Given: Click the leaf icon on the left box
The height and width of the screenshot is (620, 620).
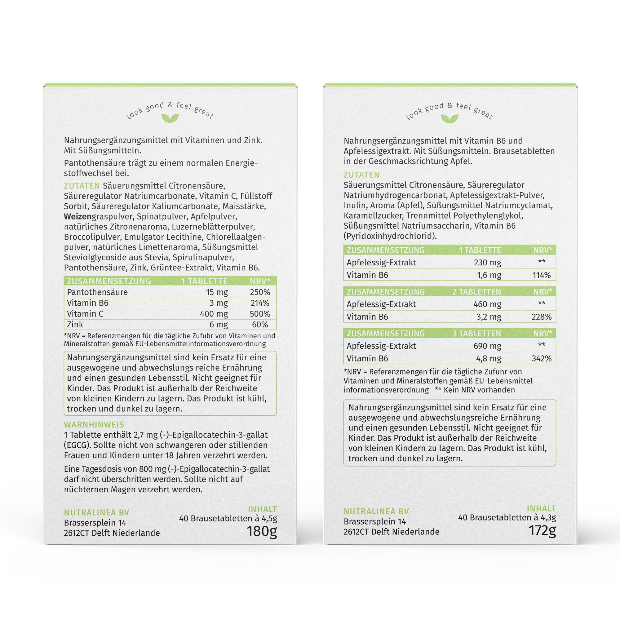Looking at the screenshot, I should [170, 118].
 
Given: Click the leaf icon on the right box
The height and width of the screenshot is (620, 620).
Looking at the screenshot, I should [449, 118].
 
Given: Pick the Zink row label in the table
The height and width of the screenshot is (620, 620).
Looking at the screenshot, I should [75, 325].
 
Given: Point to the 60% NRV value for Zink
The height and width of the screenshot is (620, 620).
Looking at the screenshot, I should [260, 325].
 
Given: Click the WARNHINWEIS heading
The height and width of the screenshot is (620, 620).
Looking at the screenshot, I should [94, 425].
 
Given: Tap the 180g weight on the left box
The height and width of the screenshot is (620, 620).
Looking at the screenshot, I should [261, 531].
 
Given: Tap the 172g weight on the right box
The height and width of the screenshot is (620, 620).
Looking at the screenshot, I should [542, 530].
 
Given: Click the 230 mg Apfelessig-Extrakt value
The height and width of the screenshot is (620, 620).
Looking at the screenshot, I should [487, 263].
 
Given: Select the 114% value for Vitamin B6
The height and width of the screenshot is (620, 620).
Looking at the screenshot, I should [541, 275].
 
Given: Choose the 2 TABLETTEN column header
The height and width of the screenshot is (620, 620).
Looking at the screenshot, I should [476, 292].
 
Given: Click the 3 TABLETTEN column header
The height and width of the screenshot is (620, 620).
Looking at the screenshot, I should [476, 334].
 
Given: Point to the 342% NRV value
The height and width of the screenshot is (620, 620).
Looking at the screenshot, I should [541, 358].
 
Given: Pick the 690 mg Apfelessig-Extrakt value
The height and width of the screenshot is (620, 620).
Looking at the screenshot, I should [487, 346].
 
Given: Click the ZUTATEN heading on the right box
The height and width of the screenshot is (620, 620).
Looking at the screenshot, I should [361, 175].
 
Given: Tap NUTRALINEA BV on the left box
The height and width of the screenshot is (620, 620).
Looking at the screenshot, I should [97, 512].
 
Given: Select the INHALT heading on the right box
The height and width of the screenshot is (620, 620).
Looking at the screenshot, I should [541, 508].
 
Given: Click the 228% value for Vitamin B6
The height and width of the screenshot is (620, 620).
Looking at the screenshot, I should [541, 317].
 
